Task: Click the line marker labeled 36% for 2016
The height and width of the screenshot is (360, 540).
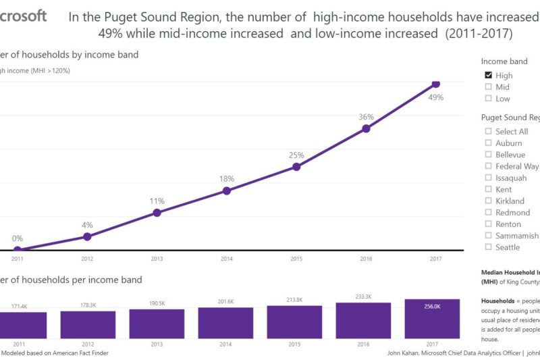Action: tap(366, 128)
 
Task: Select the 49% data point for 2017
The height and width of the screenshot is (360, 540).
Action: tap(435, 84)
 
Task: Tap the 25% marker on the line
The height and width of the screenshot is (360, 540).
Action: tap(296, 166)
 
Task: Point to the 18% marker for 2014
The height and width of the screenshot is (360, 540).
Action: tap(227, 190)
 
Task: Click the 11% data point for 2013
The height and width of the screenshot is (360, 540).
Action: tap(157, 213)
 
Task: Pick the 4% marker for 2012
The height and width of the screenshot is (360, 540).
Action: tap(87, 236)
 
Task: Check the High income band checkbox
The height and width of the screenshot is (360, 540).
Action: tap(489, 76)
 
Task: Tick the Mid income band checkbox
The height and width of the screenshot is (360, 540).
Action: tap(489, 87)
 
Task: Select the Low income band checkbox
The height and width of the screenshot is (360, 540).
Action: tap(489, 99)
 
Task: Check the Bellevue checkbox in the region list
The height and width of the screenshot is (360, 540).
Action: tap(489, 155)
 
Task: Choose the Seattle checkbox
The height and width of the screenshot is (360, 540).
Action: tap(489, 247)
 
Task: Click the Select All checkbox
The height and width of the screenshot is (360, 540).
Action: tap(489, 132)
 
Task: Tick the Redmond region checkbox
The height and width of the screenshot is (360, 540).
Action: tap(489, 213)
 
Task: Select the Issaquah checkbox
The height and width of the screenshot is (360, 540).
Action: tap(489, 178)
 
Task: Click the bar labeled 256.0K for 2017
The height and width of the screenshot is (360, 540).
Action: tap(432, 319)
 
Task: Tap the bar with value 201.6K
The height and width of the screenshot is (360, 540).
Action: tap(225, 323)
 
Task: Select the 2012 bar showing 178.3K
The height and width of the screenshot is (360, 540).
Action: tap(88, 324)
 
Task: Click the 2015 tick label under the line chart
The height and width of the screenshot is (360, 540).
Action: tap(296, 258)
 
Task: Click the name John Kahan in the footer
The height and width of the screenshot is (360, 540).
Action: tap(406, 353)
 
